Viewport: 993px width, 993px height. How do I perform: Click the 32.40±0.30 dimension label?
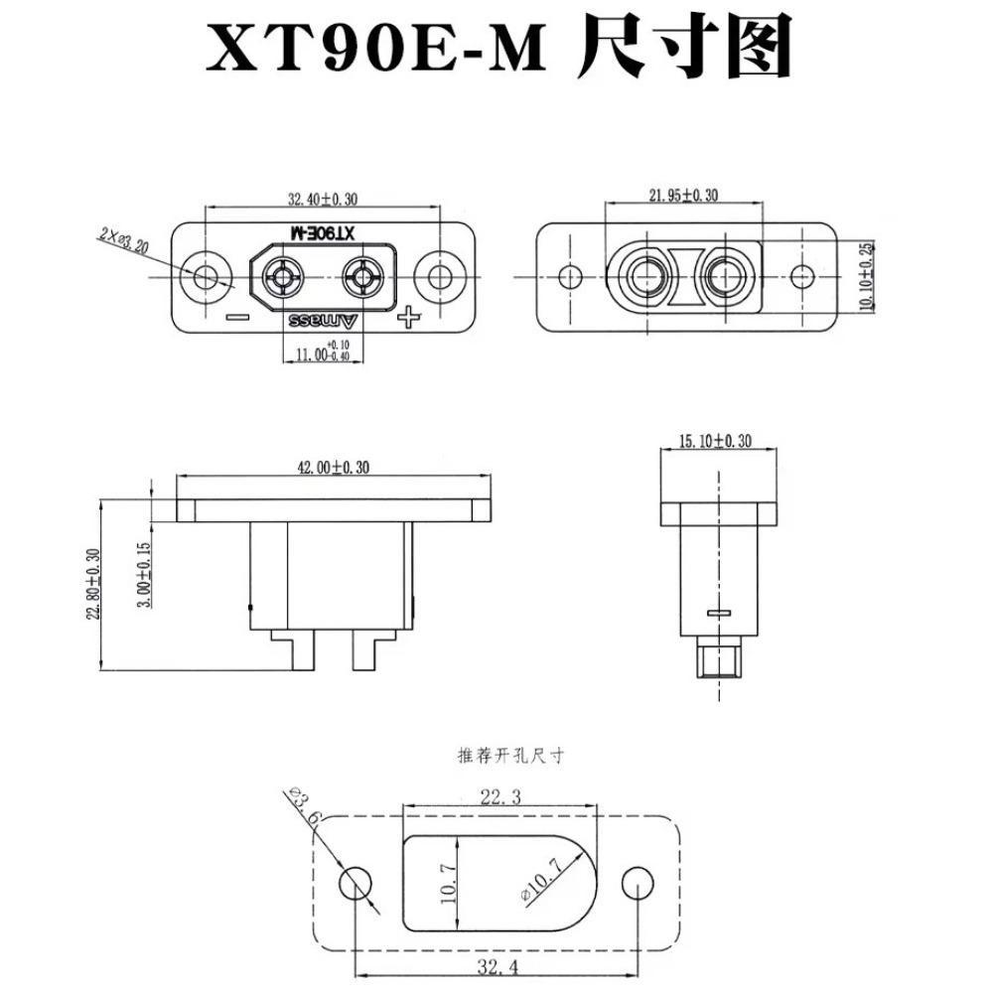(x=323, y=200)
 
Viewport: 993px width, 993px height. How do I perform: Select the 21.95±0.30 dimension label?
(x=683, y=196)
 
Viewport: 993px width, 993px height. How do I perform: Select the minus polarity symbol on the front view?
(x=237, y=318)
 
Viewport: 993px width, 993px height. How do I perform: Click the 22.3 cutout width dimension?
(x=501, y=795)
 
